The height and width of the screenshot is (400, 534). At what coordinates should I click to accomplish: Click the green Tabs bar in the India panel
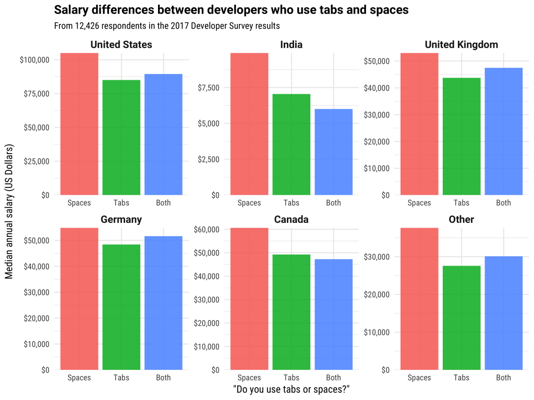click(291, 144)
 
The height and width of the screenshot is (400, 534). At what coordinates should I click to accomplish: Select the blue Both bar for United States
click(163, 134)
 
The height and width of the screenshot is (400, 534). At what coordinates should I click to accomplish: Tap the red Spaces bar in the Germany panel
click(79, 299)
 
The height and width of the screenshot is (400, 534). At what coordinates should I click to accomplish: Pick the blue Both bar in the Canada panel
click(333, 314)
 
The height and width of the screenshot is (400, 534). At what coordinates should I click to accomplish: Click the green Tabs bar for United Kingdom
click(462, 136)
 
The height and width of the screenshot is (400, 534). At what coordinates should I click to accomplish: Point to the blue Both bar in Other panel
click(503, 313)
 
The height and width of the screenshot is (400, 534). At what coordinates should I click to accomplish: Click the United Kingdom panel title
click(461, 45)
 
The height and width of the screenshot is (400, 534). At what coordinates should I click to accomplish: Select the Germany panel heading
click(121, 219)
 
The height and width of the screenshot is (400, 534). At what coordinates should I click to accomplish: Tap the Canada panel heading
click(291, 219)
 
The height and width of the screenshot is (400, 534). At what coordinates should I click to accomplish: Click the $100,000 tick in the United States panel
click(34, 60)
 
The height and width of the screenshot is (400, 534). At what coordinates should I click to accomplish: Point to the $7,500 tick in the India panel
click(209, 87)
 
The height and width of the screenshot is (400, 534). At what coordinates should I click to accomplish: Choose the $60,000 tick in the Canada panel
click(207, 230)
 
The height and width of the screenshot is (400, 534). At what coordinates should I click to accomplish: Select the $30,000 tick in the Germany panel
click(37, 292)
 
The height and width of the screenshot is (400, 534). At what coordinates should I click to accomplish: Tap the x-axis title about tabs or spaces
click(291, 390)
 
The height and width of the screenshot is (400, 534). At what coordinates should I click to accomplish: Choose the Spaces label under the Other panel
click(419, 378)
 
